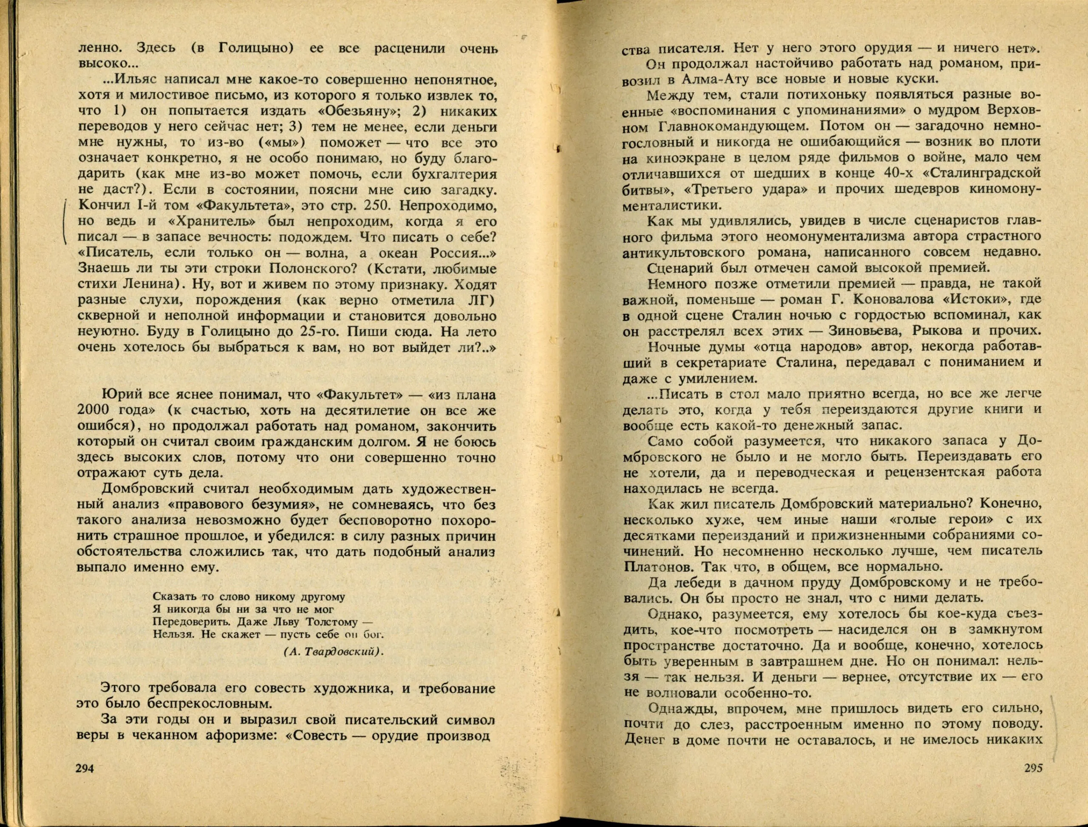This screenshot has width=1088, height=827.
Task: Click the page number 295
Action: click(x=1032, y=782)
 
